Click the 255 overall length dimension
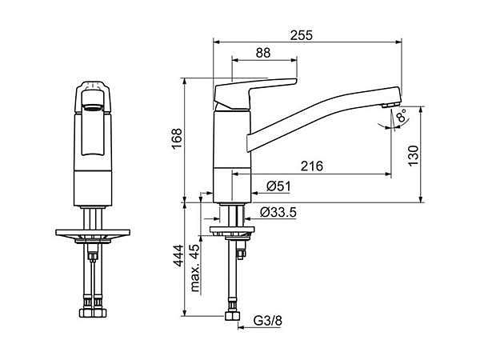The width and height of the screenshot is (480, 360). pos(302,35)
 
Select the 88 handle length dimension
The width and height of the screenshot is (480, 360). pos(263,53)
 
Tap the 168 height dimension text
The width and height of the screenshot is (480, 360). pos(177,138)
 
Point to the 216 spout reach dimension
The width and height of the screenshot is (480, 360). pos(312,166)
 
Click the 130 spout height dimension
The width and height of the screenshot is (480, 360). pos(414,155)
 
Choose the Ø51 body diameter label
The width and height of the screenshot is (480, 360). pos(278,186)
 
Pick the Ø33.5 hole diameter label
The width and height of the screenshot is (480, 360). pos(278,212)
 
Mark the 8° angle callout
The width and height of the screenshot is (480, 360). pos(401,116)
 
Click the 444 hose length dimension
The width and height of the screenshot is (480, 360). pos(178,256)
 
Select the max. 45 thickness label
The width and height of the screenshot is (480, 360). pos(195,268)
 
